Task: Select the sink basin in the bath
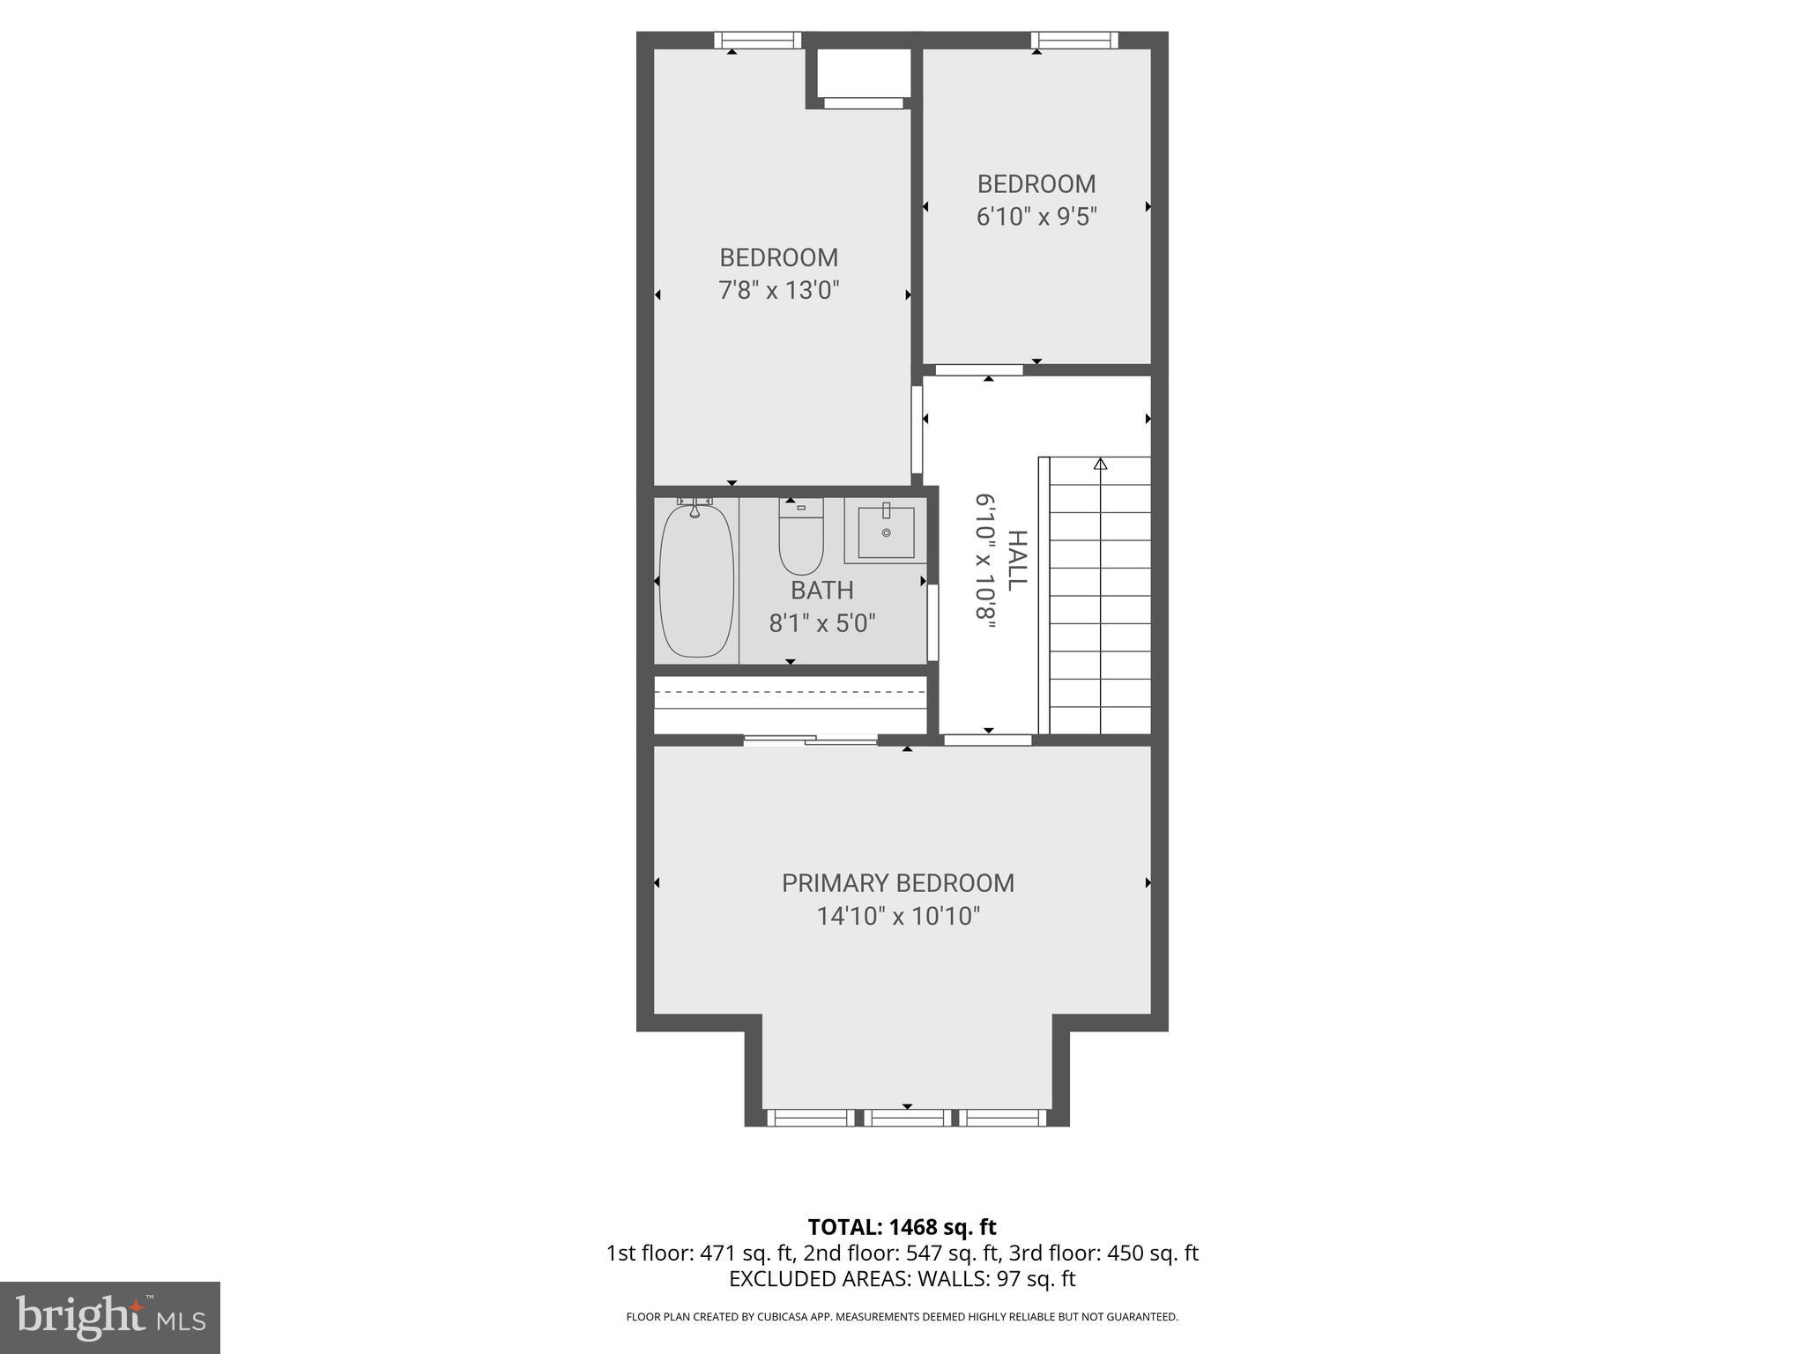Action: point(886,532)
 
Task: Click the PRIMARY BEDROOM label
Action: point(897,883)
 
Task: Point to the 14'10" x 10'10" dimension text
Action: point(897,917)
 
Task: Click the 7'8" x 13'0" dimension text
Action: point(778,290)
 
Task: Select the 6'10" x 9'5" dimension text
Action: point(1036,217)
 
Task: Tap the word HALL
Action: point(1017,561)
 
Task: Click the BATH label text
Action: point(821,590)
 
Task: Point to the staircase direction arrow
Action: point(1100,464)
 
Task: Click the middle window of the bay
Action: point(907,1118)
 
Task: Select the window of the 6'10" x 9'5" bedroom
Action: point(1074,40)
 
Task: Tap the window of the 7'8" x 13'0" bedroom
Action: point(757,40)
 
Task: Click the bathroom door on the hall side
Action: point(932,621)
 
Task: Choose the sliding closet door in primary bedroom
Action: point(810,740)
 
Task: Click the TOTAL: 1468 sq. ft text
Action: point(902,1227)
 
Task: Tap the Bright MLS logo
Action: point(110,1317)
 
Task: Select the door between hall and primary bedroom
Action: point(987,740)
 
